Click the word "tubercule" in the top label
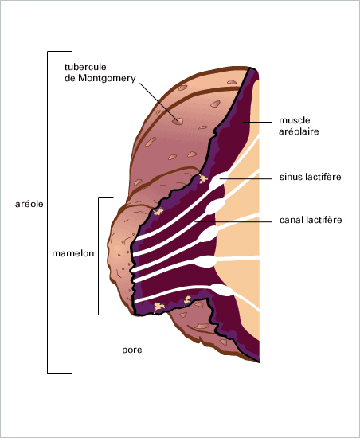pyautogui.click(x=85, y=67)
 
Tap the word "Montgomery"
pyautogui.click(x=107, y=79)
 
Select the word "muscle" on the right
pyautogui.click(x=295, y=120)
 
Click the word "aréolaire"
pyautogui.click(x=299, y=131)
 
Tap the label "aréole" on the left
pyautogui.click(x=29, y=204)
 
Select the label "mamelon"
pyautogui.click(x=73, y=253)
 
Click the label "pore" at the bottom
pyautogui.click(x=132, y=350)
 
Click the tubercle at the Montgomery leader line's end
pyautogui.click(x=178, y=121)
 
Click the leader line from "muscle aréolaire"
pyautogui.click(x=257, y=122)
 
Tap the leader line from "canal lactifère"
pyautogui.click(x=233, y=222)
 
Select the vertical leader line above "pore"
pyautogui.click(x=123, y=305)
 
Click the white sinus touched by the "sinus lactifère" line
pyautogui.click(x=219, y=179)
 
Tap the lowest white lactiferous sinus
pyautogui.click(x=222, y=290)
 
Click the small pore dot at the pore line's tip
pyautogui.click(x=123, y=269)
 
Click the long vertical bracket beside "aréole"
pyautogui.click(x=48, y=213)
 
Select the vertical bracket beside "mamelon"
pyautogui.click(x=99, y=256)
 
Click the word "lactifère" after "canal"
pyautogui.click(x=324, y=220)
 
